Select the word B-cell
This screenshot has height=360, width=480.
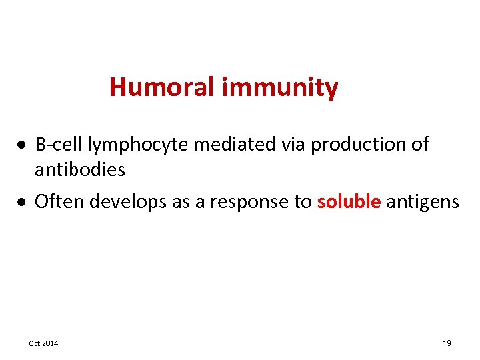(58, 144)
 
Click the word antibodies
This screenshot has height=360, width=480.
(79, 170)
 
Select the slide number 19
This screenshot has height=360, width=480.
(447, 343)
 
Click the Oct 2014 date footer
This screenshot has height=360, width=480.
(43, 343)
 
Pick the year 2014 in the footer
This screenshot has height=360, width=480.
(49, 343)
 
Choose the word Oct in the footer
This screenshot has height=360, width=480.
(34, 343)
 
